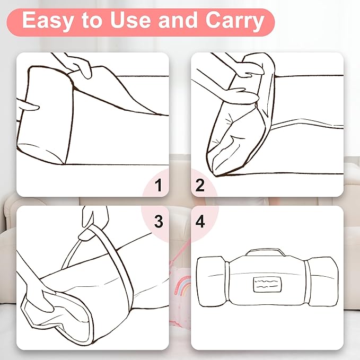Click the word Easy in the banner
pos(47,21)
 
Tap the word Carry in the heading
pos(235,21)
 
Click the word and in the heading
pos(178,20)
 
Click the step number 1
pos(159,185)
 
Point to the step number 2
pos(200,185)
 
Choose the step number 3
pos(159,222)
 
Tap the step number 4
pos(200,222)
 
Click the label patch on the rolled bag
pos(267,284)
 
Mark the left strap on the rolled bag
pos(227,282)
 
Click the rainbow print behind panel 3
pos(182,285)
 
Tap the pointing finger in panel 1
pos(28,105)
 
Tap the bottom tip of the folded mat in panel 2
pos(216,176)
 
